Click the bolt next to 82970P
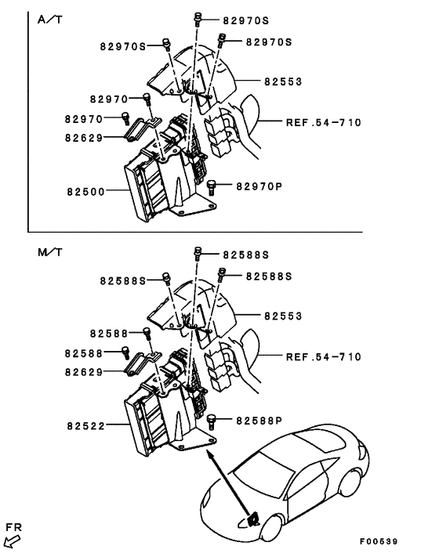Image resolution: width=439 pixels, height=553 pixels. pyautogui.click(x=212, y=186)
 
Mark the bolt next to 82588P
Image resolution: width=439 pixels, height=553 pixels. pyautogui.click(x=212, y=421)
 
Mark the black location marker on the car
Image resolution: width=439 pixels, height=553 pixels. pyautogui.click(x=253, y=518)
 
